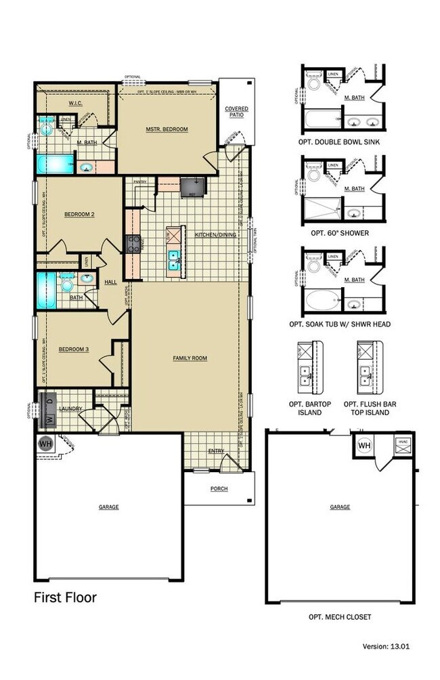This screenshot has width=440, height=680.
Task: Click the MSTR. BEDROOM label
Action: [x=167, y=129]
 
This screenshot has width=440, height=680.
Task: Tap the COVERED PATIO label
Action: [x=236, y=112]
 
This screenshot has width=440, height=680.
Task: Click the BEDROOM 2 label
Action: [x=79, y=215]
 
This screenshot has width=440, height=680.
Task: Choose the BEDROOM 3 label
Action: [x=72, y=349]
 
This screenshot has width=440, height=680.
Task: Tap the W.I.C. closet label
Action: [x=75, y=104]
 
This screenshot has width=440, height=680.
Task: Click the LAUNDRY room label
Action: [x=70, y=409]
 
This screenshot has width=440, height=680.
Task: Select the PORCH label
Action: [x=219, y=489]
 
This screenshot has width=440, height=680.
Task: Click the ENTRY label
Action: [x=216, y=450]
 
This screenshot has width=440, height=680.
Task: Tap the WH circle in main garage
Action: [x=45, y=445]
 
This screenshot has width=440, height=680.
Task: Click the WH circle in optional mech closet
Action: [x=364, y=446]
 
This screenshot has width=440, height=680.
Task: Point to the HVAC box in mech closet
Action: [x=403, y=444]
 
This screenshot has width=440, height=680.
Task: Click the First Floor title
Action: [x=65, y=597]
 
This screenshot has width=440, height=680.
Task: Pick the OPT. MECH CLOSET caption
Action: [x=339, y=617]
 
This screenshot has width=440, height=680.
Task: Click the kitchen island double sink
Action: [x=175, y=258]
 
